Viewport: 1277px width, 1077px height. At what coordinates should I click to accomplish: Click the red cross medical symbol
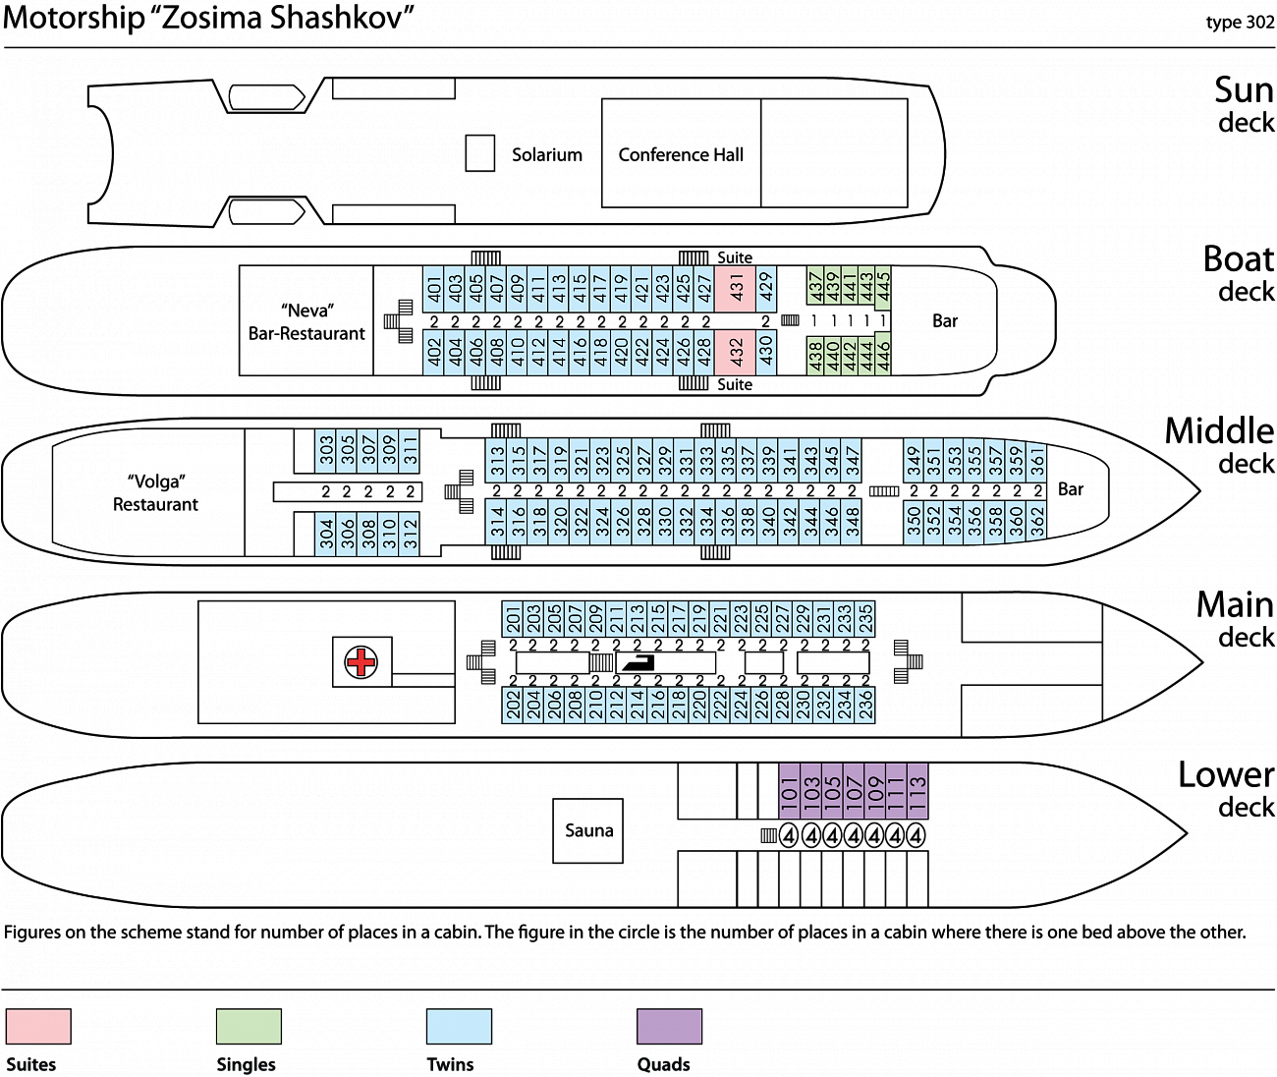pyautogui.click(x=361, y=662)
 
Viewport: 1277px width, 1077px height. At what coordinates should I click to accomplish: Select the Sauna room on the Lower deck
pyautogui.click(x=587, y=830)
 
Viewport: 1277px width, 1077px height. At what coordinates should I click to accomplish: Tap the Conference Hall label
pyautogui.click(x=681, y=155)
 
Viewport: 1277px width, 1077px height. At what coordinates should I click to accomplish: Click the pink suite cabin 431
pyautogui.click(x=735, y=288)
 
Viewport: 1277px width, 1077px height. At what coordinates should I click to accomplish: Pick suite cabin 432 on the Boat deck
pyautogui.click(x=735, y=353)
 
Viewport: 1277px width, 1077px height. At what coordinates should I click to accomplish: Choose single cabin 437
pyautogui.click(x=815, y=285)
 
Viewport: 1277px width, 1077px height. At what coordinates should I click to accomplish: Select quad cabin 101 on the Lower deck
pyautogui.click(x=790, y=791)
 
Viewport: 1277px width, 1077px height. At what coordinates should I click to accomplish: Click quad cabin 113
pyautogui.click(x=917, y=791)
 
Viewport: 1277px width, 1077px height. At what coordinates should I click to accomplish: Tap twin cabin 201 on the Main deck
pyautogui.click(x=513, y=619)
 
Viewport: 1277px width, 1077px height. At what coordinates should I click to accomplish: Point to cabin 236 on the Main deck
pyautogui.click(x=864, y=705)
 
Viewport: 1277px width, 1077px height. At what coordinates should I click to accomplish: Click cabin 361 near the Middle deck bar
pyautogui.click(x=1036, y=461)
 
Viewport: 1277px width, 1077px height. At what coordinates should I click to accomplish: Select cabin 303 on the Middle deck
pyautogui.click(x=325, y=451)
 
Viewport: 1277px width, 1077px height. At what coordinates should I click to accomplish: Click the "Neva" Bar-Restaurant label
pyautogui.click(x=306, y=322)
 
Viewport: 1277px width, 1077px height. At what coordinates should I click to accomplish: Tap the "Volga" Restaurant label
pyautogui.click(x=155, y=492)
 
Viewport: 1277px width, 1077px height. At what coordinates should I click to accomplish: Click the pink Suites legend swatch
pyautogui.click(x=38, y=1026)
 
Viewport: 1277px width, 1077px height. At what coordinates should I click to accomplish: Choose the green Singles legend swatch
pyautogui.click(x=249, y=1026)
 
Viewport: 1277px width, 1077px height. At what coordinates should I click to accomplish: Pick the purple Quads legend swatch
pyautogui.click(x=669, y=1026)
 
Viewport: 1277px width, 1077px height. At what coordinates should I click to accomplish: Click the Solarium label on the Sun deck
pyautogui.click(x=547, y=155)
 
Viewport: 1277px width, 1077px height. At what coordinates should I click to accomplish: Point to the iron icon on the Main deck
pyautogui.click(x=638, y=662)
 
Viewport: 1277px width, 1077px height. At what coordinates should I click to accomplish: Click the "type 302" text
pyautogui.click(x=1240, y=23)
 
